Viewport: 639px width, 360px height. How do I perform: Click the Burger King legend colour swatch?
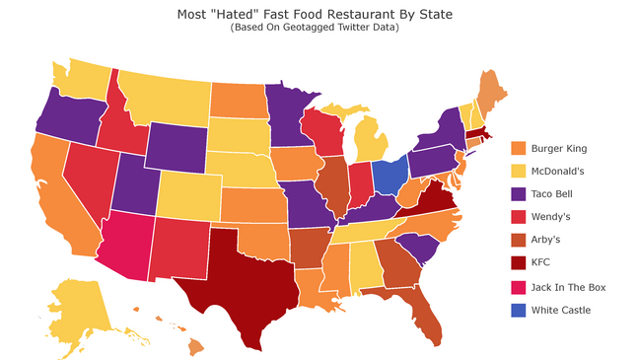point(519,148)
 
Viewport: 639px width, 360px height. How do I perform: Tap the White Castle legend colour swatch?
point(519,310)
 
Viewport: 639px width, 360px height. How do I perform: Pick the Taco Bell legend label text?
point(555,194)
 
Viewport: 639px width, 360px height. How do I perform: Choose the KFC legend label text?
point(541,263)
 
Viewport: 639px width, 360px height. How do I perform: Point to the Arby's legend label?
point(547,241)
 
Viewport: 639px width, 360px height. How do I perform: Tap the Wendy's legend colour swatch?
point(519,217)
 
